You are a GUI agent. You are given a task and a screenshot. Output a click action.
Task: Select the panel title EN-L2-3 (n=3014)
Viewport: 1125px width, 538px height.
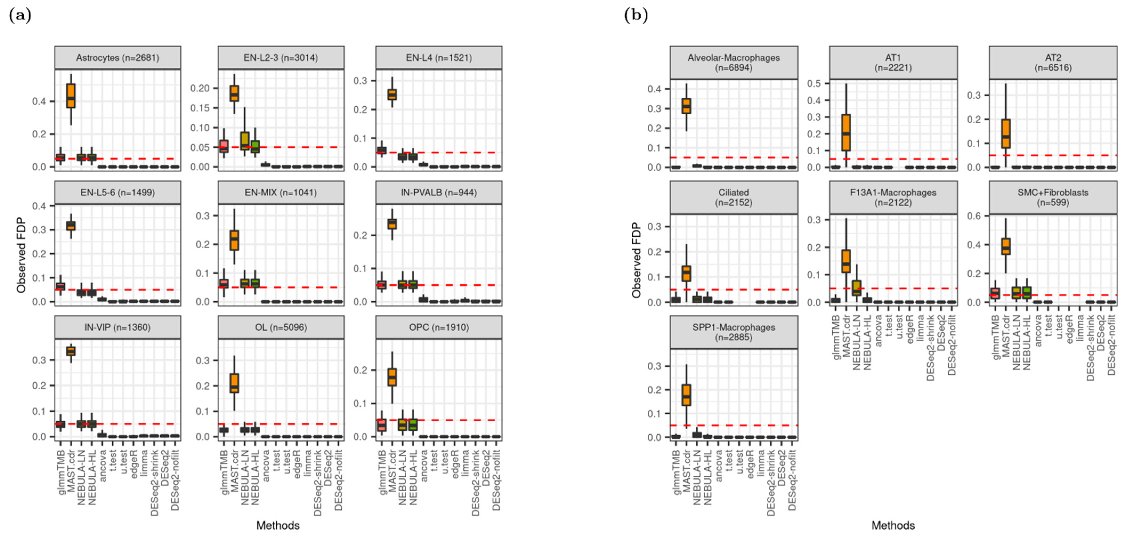[281, 58]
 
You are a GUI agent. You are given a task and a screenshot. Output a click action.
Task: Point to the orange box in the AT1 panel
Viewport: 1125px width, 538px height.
[846, 132]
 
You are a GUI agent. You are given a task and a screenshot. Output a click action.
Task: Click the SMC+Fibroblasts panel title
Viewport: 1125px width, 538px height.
[1053, 197]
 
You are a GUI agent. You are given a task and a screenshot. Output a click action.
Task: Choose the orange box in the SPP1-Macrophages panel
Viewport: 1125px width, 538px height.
[686, 395]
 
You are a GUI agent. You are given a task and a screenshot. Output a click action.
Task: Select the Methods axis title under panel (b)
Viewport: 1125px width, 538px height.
[893, 525]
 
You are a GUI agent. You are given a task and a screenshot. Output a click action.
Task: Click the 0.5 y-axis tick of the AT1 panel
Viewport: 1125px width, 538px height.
[815, 83]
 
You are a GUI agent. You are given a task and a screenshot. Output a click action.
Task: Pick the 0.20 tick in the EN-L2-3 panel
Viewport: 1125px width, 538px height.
[200, 88]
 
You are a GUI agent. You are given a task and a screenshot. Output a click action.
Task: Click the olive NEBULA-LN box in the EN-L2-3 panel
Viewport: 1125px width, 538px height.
[245, 141]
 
